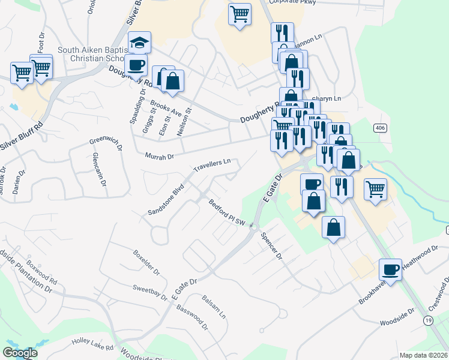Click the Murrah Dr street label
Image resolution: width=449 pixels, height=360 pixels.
[159, 156]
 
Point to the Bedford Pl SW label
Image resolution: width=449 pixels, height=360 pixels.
[228, 213]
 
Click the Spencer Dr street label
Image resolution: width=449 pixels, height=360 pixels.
[271, 246]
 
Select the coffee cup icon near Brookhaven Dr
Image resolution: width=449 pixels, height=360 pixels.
[391, 268]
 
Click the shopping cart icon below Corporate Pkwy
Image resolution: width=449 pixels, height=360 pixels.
[240, 13]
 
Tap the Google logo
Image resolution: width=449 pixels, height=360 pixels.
[20, 353]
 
